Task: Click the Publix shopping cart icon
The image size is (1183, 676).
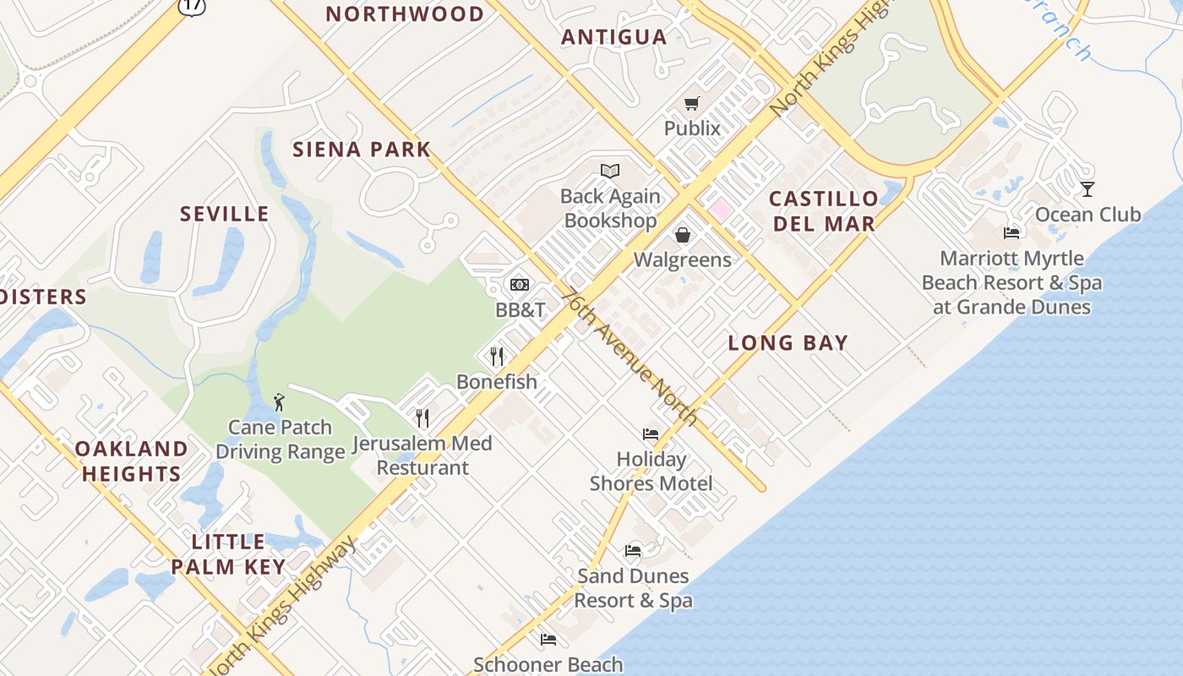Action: (692, 104)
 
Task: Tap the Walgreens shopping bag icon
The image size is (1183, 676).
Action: (683, 234)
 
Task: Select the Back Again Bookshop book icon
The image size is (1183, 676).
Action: (610, 172)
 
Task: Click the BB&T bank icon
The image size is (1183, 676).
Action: (520, 285)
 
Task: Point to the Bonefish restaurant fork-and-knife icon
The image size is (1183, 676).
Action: (497, 357)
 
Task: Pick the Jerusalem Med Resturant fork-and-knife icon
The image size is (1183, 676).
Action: (422, 417)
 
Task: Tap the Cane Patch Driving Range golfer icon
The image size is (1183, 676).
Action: (280, 402)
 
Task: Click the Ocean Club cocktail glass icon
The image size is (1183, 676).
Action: (1088, 189)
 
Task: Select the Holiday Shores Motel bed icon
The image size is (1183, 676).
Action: (651, 434)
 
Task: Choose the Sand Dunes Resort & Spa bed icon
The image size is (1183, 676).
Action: (633, 551)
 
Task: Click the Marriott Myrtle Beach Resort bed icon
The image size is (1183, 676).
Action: (1011, 232)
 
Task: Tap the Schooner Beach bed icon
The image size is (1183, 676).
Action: (548, 640)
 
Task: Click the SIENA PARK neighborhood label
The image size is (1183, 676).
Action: (362, 150)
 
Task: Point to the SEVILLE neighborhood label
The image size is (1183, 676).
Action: (225, 214)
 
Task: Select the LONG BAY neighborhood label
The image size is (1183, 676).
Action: (788, 343)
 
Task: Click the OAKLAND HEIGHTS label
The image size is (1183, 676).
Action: (132, 461)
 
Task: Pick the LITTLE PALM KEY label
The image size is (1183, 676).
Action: (228, 554)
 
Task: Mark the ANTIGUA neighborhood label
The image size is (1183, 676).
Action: (614, 37)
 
